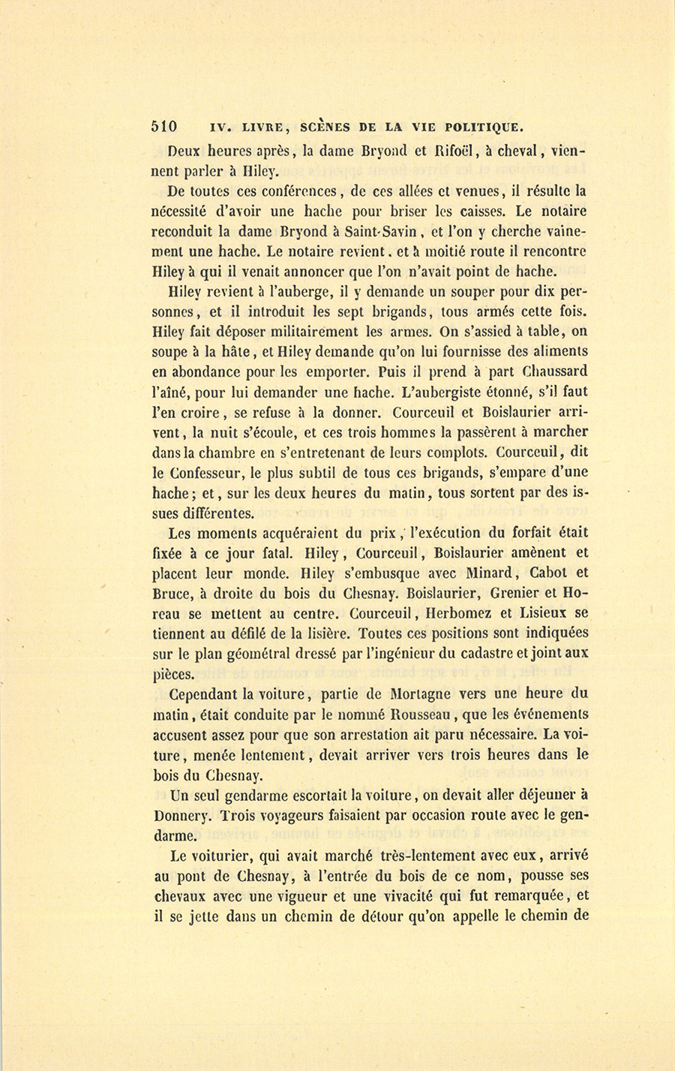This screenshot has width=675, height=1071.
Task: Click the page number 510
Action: (x=163, y=126)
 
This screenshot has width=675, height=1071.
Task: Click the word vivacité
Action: (x=413, y=895)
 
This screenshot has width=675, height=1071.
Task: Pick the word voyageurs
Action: (x=288, y=816)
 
